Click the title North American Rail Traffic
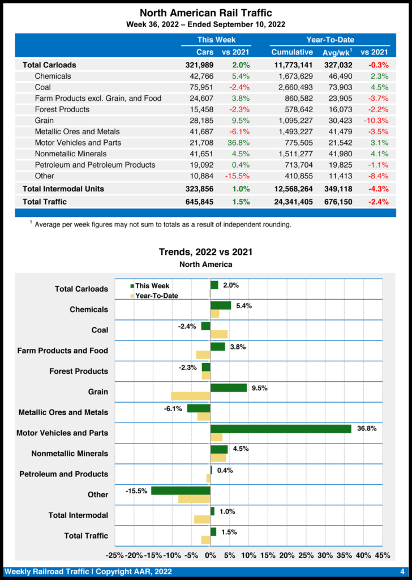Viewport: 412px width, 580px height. click(x=205, y=12)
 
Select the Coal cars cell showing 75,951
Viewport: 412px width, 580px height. click(x=196, y=87)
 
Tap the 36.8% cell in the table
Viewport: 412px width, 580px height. click(x=239, y=143)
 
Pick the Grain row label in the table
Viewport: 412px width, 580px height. click(x=44, y=121)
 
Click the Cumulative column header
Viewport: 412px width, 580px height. click(x=292, y=52)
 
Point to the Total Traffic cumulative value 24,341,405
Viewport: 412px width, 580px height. click(x=293, y=202)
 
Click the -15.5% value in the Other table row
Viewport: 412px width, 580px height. click(x=238, y=176)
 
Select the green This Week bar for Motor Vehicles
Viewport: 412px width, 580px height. click(x=281, y=429)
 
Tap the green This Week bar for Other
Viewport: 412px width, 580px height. click(x=181, y=491)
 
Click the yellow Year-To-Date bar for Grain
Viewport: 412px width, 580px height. click(x=191, y=396)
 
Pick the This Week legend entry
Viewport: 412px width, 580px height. click(x=150, y=286)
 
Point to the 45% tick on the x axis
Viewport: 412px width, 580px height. click(x=382, y=555)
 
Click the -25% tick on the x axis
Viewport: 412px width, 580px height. click(x=115, y=555)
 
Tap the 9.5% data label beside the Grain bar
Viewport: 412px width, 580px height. click(x=259, y=388)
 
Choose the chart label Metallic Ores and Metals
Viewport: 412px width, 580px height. click(x=63, y=412)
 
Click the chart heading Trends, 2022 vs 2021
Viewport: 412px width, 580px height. click(x=205, y=252)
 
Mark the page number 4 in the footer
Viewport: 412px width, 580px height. click(x=402, y=572)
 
